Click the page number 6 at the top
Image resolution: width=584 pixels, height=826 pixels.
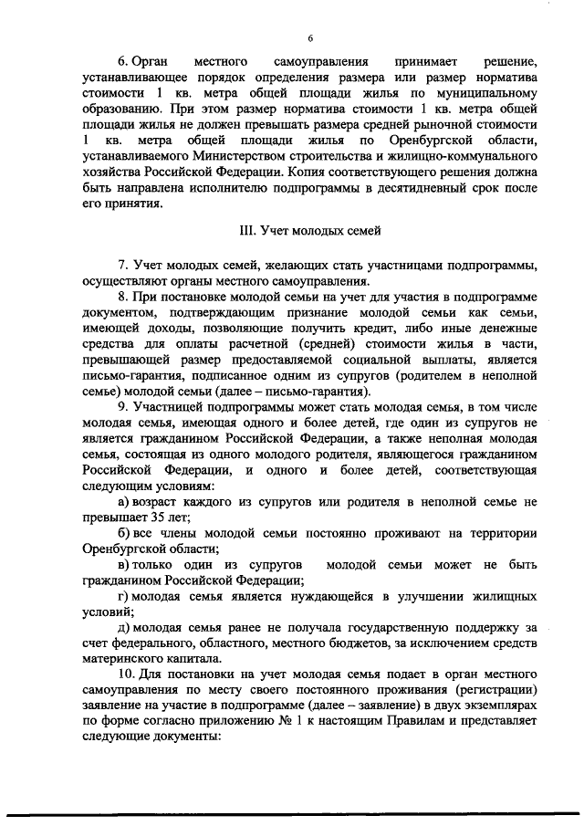310,37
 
